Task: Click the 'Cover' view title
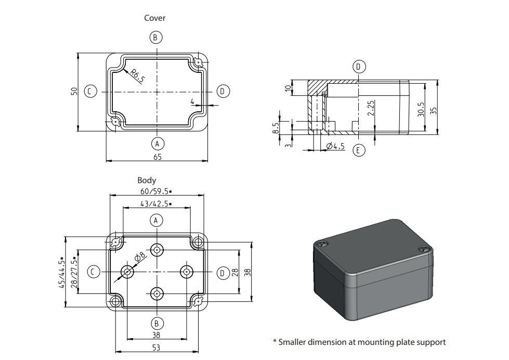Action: [x=154, y=18]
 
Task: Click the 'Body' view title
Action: [x=147, y=180]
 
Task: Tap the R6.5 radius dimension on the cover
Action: [x=137, y=75]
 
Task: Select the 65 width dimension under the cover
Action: [x=157, y=156]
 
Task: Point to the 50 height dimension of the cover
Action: [x=74, y=91]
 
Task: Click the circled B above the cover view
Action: [x=155, y=37]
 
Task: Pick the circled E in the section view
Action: [x=359, y=150]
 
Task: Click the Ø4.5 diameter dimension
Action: [x=335, y=147]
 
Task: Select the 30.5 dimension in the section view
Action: [x=421, y=109]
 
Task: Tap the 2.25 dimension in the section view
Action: [x=370, y=108]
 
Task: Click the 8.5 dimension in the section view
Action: [x=276, y=127]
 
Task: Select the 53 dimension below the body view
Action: [x=156, y=347]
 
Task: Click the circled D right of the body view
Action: [x=223, y=273]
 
